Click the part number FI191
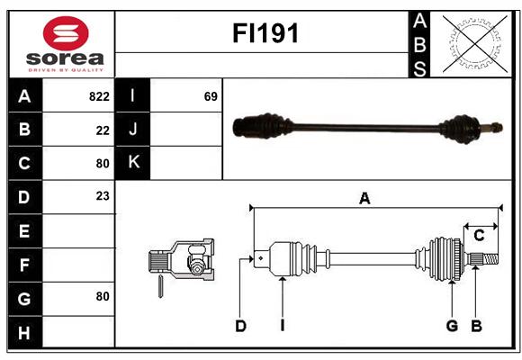[265, 33]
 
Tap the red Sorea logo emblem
[66, 33]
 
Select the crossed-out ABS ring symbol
[475, 44]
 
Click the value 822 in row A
[99, 96]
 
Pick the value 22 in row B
[103, 130]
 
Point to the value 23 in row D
[103, 196]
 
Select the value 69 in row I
[211, 96]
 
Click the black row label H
[25, 332]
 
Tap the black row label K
[132, 162]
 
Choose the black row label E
[25, 230]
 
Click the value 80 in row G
[103, 296]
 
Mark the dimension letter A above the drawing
[364, 199]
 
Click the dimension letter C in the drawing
[479, 236]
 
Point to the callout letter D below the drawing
[240, 326]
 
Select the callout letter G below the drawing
[452, 326]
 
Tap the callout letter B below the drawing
[476, 326]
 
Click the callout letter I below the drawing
[283, 326]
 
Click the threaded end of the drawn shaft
[490, 259]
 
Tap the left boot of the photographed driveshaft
[263, 126]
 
